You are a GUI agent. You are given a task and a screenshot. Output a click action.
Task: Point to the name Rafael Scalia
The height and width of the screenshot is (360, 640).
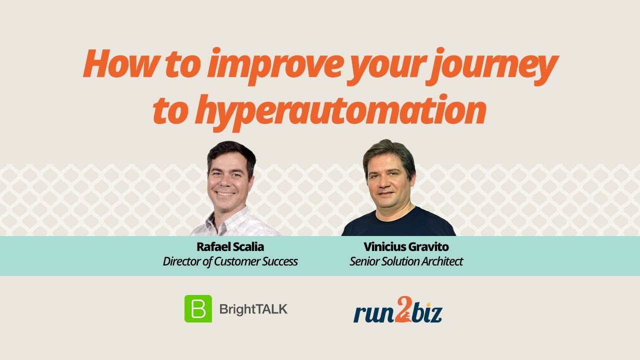pos(230,247)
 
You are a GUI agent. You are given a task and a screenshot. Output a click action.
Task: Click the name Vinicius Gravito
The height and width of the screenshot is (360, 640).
pos(406,247)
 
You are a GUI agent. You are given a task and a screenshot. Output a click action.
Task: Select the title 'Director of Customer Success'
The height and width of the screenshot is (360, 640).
pos(230,261)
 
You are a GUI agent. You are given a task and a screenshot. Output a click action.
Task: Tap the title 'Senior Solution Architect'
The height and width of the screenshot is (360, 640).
pos(406,261)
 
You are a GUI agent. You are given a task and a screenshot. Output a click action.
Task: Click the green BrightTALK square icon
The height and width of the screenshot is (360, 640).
pos(198,308)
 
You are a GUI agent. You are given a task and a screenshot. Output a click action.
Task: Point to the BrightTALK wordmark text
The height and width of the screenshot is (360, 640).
pos(253,309)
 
